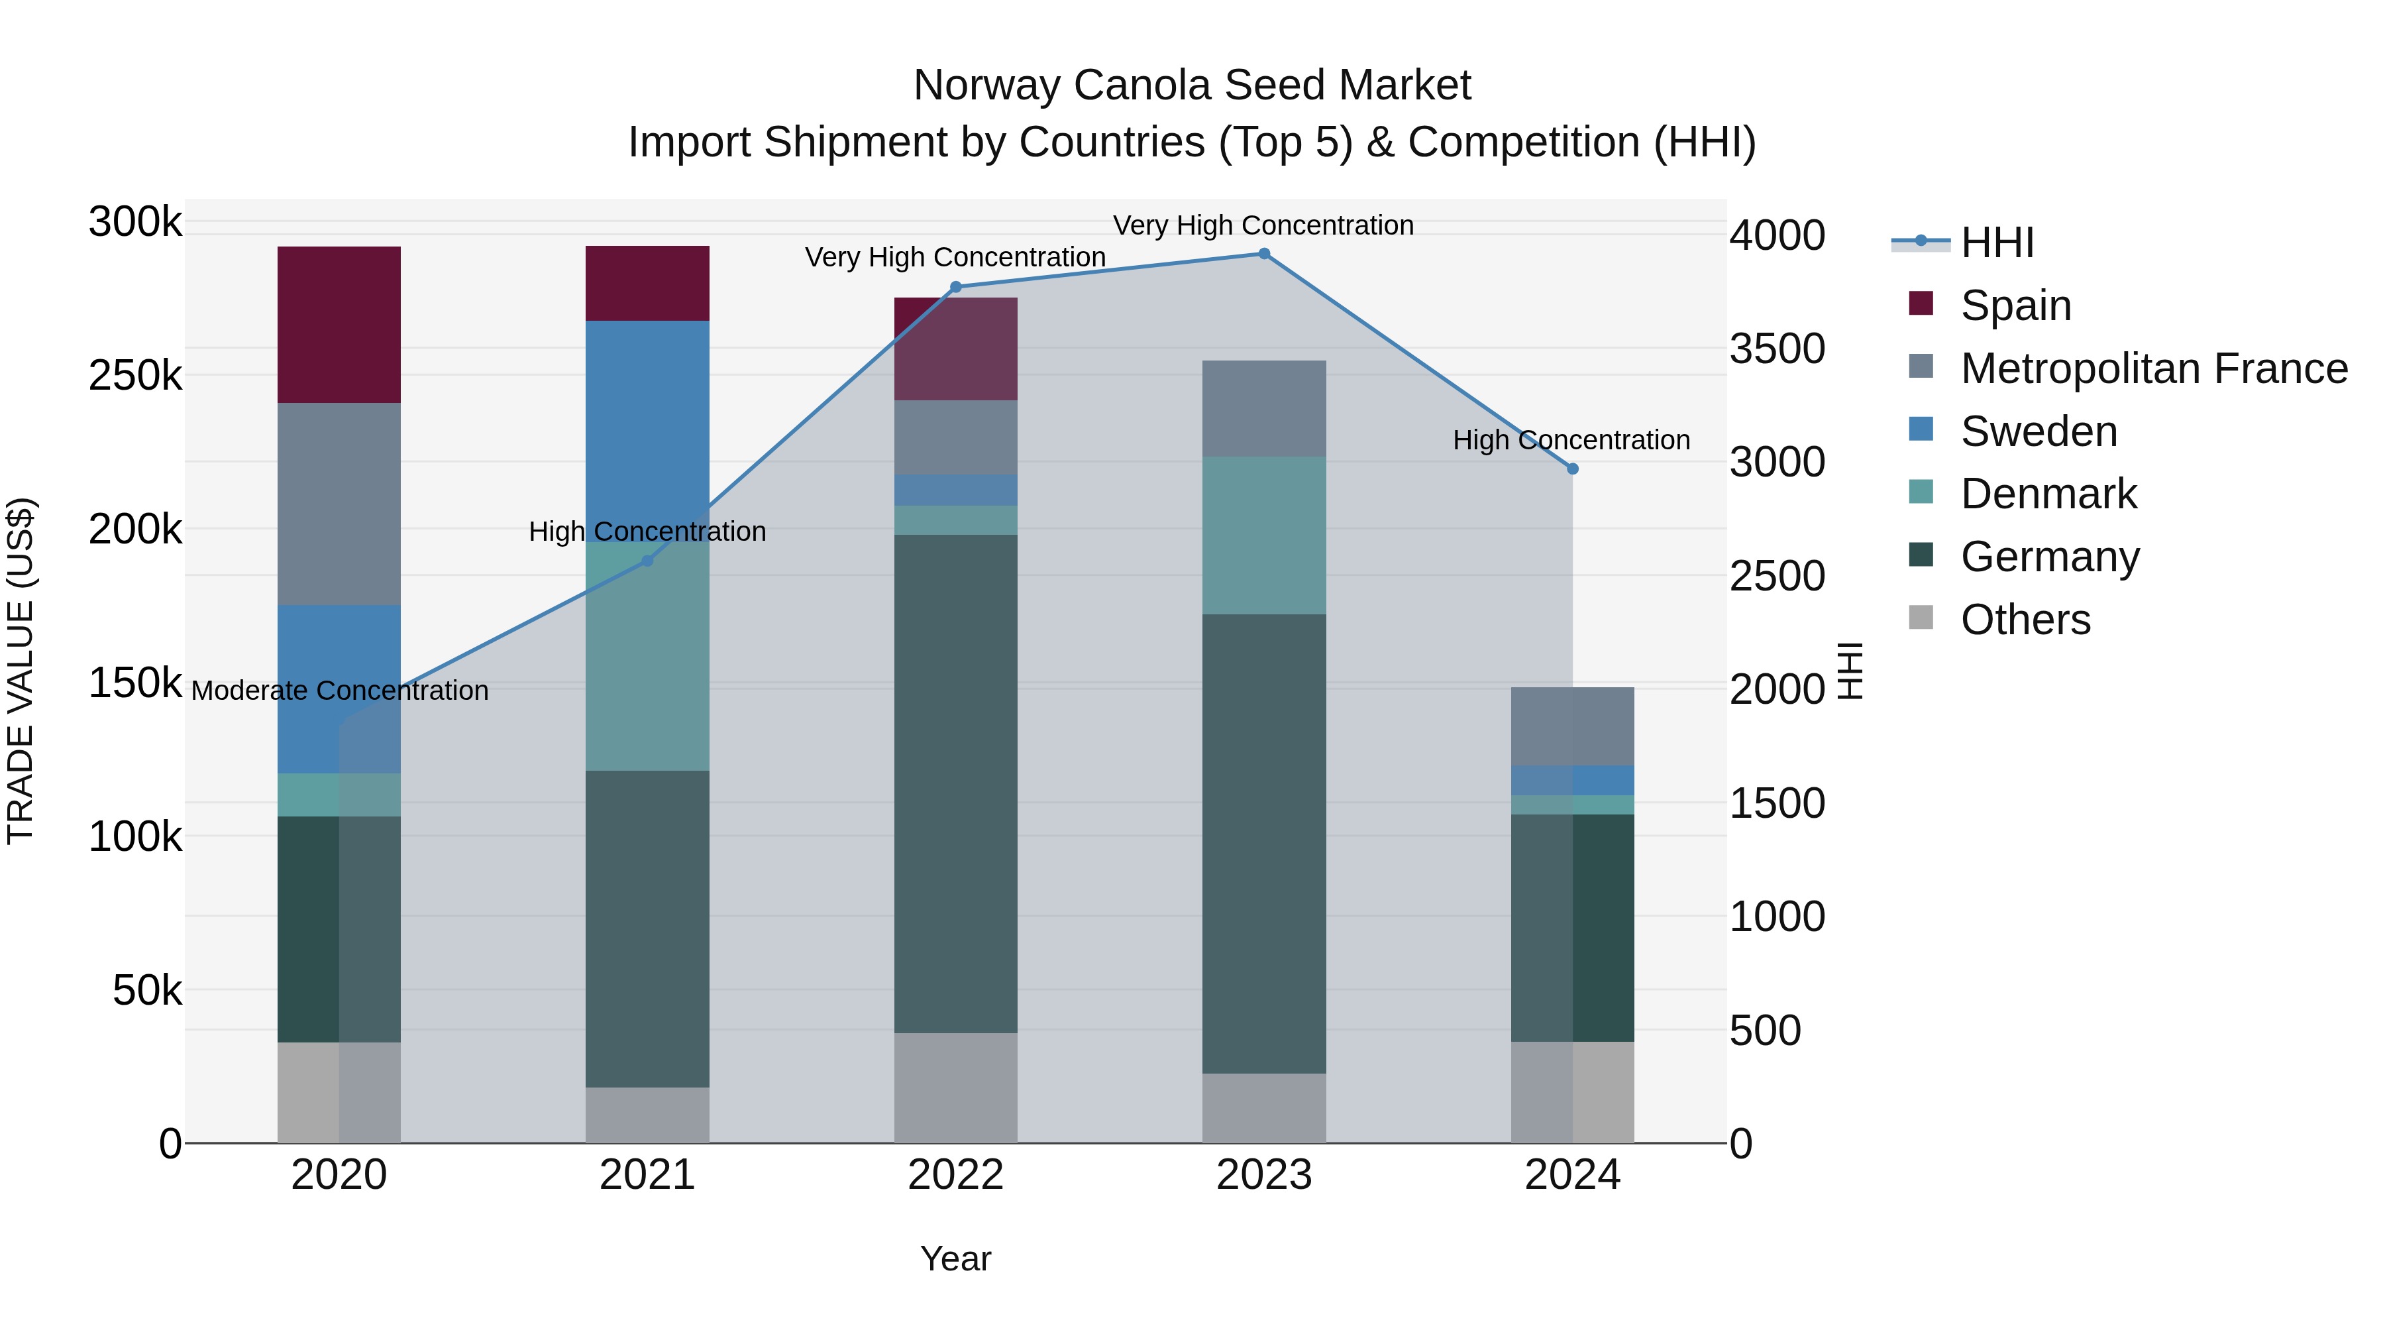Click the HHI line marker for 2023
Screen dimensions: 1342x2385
tap(1264, 254)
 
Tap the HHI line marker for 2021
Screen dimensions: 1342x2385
tap(647, 560)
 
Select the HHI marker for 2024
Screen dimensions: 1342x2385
tap(1572, 469)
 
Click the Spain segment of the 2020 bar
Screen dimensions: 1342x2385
tap(339, 324)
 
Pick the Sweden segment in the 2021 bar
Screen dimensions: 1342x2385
tap(647, 431)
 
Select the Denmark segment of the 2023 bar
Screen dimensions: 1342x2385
tap(1264, 535)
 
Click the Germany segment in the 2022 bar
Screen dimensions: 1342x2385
tap(955, 783)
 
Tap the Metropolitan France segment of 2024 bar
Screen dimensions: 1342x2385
tap(1572, 726)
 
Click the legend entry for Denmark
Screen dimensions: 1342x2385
tap(2048, 494)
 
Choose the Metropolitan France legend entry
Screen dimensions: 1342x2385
tap(2154, 368)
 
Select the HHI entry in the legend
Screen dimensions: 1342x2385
tap(1997, 243)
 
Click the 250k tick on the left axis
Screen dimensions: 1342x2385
tap(135, 376)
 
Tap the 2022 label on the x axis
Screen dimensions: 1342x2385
tap(955, 1175)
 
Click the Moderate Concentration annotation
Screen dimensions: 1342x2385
tap(340, 691)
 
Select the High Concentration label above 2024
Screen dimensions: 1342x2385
tap(1571, 440)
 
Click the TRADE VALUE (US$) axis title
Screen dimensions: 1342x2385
tap(21, 671)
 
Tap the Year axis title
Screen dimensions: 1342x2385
tap(955, 1258)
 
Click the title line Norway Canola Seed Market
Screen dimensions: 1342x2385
tap(1192, 85)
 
